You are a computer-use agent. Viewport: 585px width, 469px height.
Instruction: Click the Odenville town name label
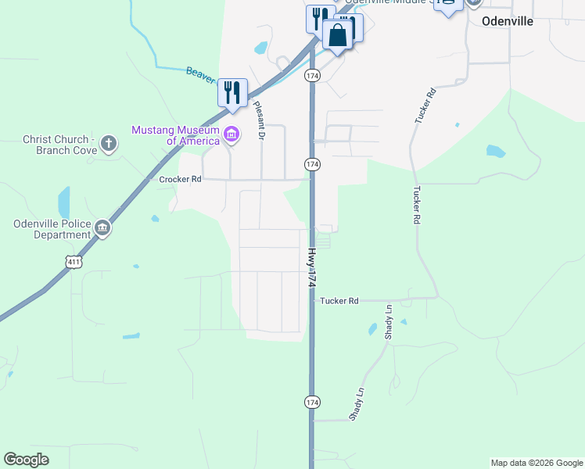click(x=508, y=21)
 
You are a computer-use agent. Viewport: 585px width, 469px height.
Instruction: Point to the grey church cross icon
click(x=109, y=144)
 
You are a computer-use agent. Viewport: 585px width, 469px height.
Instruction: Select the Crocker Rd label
click(x=181, y=179)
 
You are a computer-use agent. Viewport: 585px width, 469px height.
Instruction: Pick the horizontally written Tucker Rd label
click(x=339, y=300)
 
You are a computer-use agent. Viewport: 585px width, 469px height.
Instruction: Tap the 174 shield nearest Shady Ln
click(x=312, y=402)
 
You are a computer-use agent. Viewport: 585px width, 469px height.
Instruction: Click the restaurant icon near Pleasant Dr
click(x=232, y=92)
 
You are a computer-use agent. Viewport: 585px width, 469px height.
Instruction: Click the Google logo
click(x=27, y=460)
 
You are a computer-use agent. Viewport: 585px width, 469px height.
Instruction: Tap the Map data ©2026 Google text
click(x=537, y=463)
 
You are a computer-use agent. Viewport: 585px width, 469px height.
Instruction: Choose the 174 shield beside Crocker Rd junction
click(x=312, y=163)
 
